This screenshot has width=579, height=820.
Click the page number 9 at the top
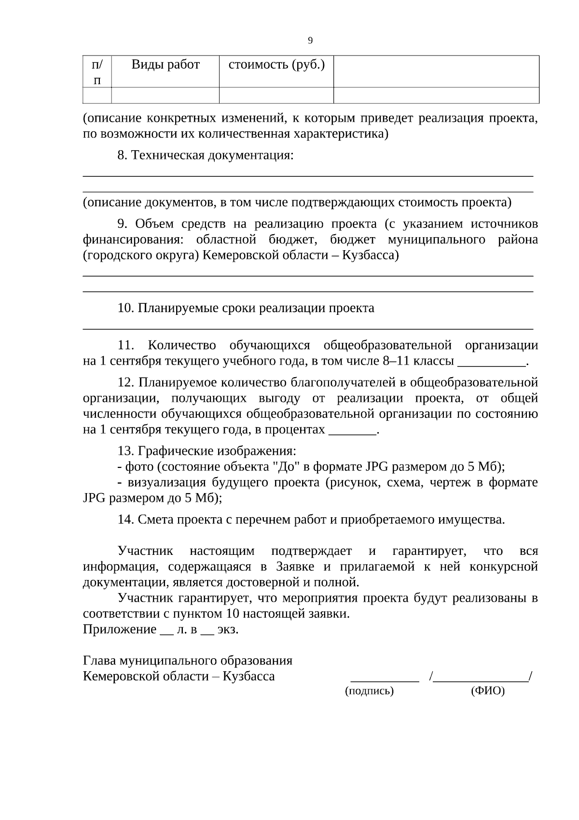310,41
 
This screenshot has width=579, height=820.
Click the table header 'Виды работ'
165,64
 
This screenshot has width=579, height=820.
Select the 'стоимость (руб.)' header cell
276,64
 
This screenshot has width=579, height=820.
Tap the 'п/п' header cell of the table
97,71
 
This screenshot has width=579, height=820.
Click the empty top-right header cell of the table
436,71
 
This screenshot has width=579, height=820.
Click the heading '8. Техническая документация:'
206,156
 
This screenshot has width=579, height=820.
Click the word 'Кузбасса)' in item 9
370,255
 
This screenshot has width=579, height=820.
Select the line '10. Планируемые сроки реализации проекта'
246,308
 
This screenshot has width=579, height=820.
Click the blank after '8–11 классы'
491,361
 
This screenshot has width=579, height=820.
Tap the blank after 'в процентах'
352,430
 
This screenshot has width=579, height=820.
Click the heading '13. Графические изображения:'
207,451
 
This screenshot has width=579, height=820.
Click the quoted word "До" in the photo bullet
283,467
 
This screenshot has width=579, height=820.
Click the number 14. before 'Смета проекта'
125,520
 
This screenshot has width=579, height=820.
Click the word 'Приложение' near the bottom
120,630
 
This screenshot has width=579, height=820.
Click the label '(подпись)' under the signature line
370,691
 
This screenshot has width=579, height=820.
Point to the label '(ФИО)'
487,691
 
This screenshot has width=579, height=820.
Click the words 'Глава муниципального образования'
188,661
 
